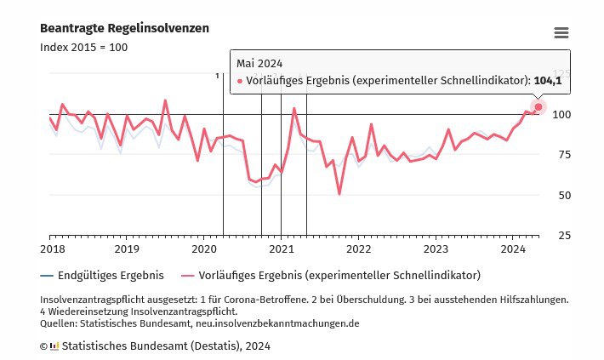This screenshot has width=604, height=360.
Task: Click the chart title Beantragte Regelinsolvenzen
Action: pyautogui.click(x=124, y=29)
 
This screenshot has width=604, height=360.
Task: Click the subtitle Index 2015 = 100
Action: pyautogui.click(x=83, y=48)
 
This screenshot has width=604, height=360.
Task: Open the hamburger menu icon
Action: pyautogui.click(x=561, y=33)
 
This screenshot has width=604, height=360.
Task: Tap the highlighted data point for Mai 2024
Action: pyautogui.click(x=538, y=106)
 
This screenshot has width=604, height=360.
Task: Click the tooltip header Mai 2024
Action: pyautogui.click(x=259, y=63)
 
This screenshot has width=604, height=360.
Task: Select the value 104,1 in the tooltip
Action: pyautogui.click(x=548, y=81)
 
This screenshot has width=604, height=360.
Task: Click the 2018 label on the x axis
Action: pyautogui.click(x=52, y=249)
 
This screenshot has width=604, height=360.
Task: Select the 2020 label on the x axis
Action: pyautogui.click(x=204, y=249)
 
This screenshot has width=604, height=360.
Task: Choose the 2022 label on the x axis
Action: pyautogui.click(x=359, y=249)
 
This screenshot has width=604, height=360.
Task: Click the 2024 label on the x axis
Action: pyautogui.click(x=513, y=249)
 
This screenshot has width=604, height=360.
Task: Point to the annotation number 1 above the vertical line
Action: pyautogui.click(x=218, y=76)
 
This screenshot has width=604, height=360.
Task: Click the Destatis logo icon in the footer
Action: pyautogui.click(x=54, y=346)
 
